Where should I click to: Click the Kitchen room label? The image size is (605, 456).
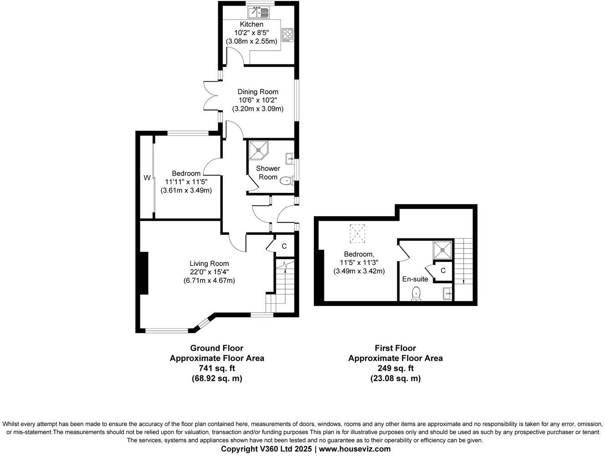coord(251,24)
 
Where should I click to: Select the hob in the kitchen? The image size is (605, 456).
coord(287,35)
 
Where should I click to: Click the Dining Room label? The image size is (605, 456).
coord(258,92)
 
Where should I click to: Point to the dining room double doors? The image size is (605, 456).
coord(211,95)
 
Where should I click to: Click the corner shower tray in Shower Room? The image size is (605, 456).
coord(259,150)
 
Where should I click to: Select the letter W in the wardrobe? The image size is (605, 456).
coord(147,178)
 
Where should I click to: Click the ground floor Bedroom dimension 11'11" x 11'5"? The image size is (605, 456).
coord(186,181)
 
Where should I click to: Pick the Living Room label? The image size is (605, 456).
coord(209,263)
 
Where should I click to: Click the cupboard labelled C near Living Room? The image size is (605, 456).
coord(284,246)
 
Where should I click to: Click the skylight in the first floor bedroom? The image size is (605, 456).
coord(358,233)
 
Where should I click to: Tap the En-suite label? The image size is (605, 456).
coord(415,279)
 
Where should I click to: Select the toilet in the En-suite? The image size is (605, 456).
coord(416,293)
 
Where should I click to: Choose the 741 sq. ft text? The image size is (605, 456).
coord(217,368)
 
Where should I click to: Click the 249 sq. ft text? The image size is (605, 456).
coord(395,368)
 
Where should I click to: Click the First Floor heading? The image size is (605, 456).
coord(395,348)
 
